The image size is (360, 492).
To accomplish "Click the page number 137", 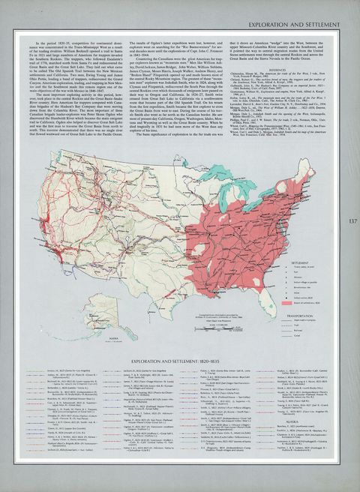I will coord(351,222).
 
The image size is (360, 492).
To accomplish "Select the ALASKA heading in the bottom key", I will coord(288,421).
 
